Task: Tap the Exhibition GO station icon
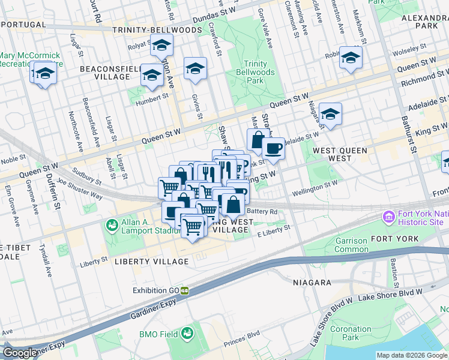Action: (x=185, y=290)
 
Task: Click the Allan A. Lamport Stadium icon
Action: (x=111, y=225)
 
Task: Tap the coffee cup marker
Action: (x=273, y=148)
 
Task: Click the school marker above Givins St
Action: (x=195, y=70)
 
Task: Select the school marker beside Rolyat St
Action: (x=161, y=46)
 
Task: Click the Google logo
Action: (x=20, y=353)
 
